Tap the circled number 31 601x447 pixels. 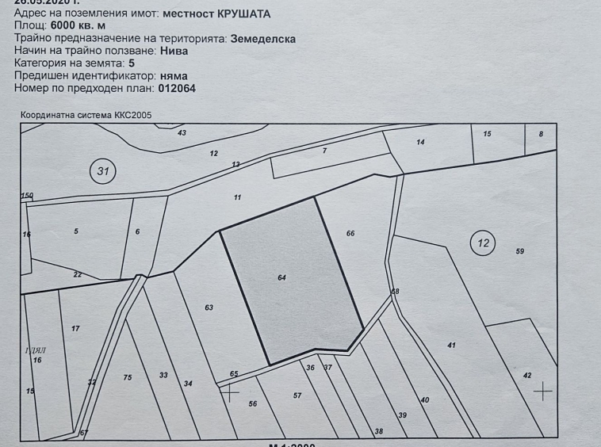point(101,171)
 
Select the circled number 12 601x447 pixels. point(484,243)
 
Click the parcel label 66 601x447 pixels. point(350,233)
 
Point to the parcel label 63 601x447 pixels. point(209,308)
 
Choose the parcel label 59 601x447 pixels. point(520,251)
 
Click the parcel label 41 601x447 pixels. point(451,345)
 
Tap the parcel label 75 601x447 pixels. point(128,377)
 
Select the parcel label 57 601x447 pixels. point(297,395)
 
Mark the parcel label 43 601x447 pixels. point(182,132)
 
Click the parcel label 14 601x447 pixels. point(420,142)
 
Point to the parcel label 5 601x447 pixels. point(76,231)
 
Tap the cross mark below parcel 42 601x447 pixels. point(542,391)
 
